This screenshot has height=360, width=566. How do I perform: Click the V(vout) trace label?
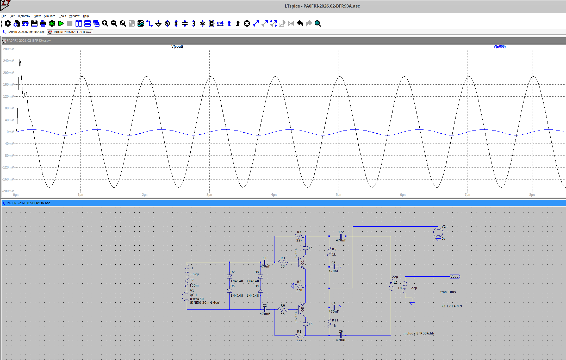tap(177, 47)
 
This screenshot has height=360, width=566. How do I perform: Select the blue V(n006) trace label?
tap(499, 47)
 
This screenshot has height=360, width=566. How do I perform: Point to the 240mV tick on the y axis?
tap(8, 61)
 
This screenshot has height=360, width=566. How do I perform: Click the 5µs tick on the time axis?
tap(338, 195)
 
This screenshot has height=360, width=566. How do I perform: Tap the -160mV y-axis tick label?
tap(8, 179)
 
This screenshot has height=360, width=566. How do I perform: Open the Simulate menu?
tap(49, 16)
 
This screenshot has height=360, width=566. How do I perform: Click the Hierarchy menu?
tap(24, 16)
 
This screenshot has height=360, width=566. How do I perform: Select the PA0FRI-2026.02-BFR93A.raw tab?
tap(72, 32)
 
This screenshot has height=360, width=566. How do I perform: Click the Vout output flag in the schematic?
tap(455, 277)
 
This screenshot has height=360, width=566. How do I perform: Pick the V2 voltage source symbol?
tap(438, 232)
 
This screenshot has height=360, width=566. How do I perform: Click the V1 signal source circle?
tap(186, 296)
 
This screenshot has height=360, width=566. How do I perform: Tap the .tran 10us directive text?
tap(447, 292)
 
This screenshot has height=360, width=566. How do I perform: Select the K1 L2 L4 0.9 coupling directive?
tap(451, 306)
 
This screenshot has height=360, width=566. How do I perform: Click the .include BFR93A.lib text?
tap(418, 333)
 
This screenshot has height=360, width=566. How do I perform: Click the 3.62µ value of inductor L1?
tap(194, 274)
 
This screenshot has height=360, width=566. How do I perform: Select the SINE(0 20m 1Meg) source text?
tap(205, 303)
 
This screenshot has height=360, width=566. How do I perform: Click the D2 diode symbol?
tap(229, 276)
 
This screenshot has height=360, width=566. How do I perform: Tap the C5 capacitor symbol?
tap(341, 236)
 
